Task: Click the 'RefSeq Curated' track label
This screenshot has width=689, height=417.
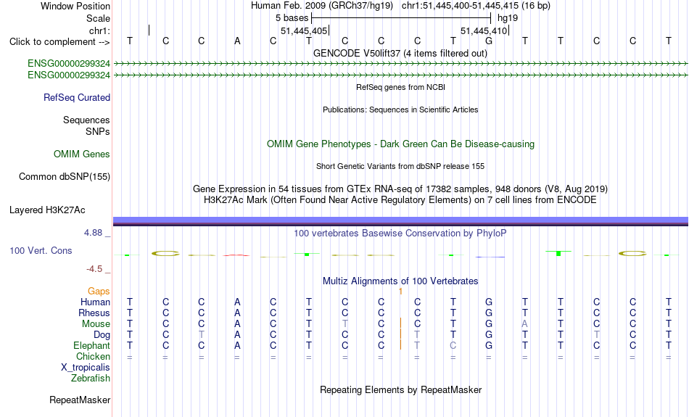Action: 77,98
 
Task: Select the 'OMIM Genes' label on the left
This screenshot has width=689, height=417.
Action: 82,154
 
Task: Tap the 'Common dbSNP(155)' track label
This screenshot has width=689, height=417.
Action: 65,177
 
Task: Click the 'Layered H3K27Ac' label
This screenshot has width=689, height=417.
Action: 47,210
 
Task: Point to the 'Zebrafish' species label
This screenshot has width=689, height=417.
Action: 91,379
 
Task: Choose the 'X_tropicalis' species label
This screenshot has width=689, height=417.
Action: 86,368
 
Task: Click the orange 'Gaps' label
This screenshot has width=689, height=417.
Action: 99,292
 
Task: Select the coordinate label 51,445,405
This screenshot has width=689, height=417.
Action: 304,30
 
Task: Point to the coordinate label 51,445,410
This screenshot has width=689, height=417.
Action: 484,30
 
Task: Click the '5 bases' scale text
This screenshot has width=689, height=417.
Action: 292,18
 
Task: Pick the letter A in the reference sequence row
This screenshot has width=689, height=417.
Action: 237,41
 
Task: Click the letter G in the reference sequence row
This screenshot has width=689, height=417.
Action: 489,41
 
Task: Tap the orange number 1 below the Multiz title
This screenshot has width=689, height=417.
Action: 401,292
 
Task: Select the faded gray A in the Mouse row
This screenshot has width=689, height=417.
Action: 524,324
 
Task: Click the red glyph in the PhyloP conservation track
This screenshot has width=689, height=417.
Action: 236,255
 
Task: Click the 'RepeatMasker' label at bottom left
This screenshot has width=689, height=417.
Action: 80,400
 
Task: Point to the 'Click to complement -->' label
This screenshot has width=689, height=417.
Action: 59,42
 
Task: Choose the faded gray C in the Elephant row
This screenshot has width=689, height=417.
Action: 453,346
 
